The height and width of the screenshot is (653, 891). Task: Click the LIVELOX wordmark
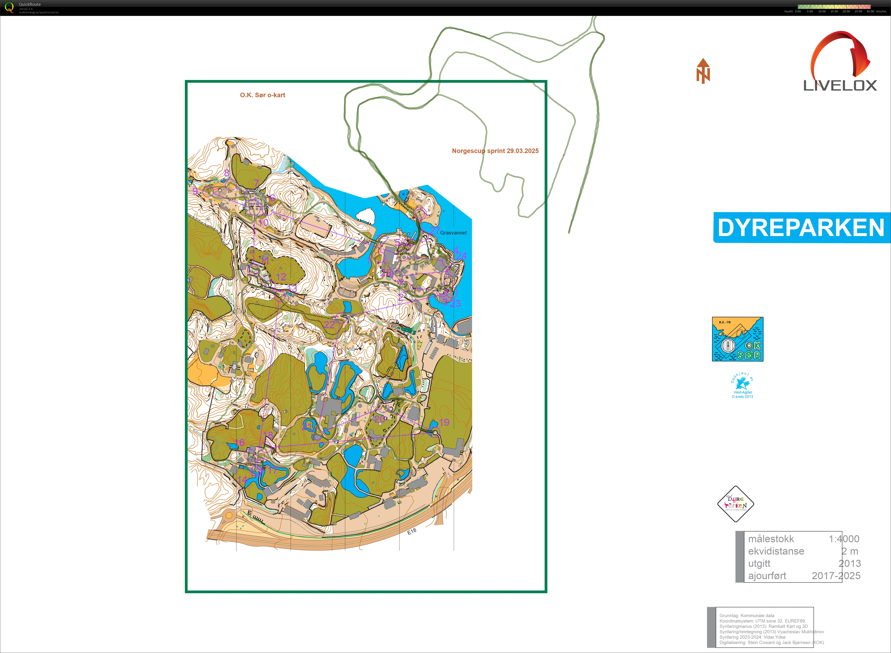tap(840, 85)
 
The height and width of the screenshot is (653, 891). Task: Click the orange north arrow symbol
tap(703, 71)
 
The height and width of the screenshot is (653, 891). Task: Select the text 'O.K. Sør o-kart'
tap(262, 95)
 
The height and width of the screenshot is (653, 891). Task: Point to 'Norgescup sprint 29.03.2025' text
tap(495, 151)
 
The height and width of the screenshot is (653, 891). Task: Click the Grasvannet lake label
tap(453, 233)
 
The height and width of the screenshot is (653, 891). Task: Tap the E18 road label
tap(412, 532)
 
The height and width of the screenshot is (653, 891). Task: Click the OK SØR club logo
tap(737, 339)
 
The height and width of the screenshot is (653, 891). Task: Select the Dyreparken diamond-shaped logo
tap(735, 504)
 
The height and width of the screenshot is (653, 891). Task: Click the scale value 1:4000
tap(844, 539)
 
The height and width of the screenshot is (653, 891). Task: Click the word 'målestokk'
tap(771, 539)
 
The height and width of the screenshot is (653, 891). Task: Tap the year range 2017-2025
tap(836, 576)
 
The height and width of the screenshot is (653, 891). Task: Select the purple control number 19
tap(444, 422)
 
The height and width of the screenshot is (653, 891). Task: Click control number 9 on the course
tap(195, 191)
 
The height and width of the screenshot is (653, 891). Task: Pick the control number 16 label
tap(240, 442)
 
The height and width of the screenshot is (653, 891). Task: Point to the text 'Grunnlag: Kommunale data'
tap(747, 616)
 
